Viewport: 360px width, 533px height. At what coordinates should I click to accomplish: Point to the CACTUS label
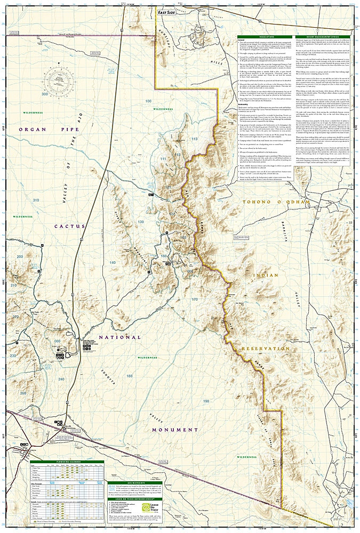pyautogui.click(x=69, y=226)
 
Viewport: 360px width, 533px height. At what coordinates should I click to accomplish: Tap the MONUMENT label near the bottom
pyautogui.click(x=175, y=430)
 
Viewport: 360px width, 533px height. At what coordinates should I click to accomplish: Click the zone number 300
pyautogui.click(x=44, y=94)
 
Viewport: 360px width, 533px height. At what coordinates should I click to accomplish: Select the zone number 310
pyautogui.click(x=36, y=200)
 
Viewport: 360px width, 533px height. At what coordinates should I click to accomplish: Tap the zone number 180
pyautogui.click(x=129, y=376)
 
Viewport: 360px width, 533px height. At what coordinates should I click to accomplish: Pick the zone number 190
pyautogui.click(x=191, y=401)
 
